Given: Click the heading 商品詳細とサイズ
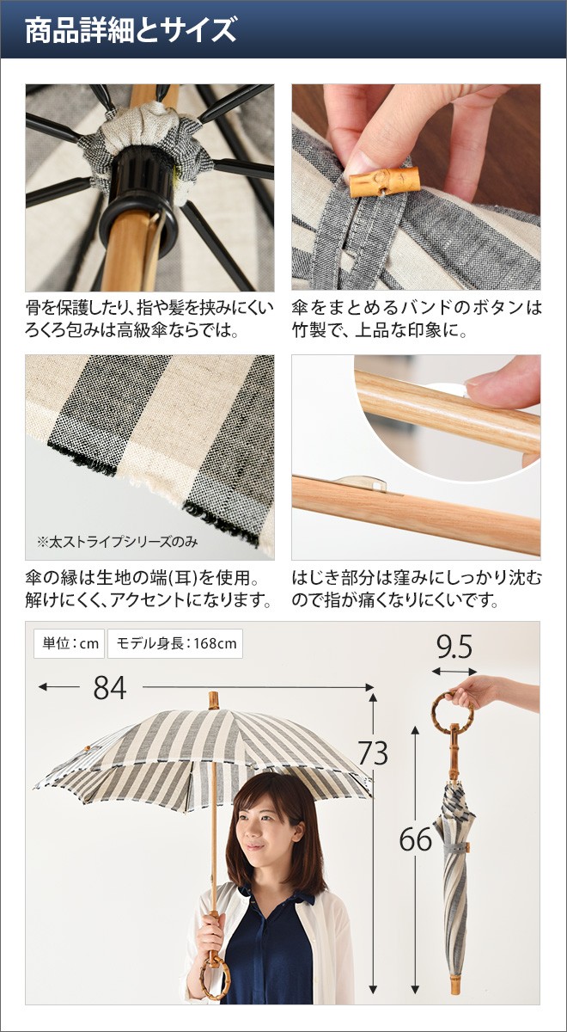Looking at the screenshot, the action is pyautogui.click(x=131, y=30).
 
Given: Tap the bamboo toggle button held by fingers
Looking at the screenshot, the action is pyautogui.click(x=384, y=181).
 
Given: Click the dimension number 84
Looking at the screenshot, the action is pyautogui.click(x=110, y=688).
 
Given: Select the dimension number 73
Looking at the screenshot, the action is pyautogui.click(x=373, y=753).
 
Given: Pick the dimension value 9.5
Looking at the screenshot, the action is pyautogui.click(x=454, y=648).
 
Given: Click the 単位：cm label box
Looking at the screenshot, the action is pyautogui.click(x=70, y=643).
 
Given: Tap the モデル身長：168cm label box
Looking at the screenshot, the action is pyautogui.click(x=175, y=643).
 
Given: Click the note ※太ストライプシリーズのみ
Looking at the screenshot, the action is pyautogui.click(x=118, y=541).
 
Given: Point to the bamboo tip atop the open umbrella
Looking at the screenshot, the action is pyautogui.click(x=214, y=700).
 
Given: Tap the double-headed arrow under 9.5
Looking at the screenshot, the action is pyautogui.click(x=454, y=672).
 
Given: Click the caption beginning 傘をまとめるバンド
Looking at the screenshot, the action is pyautogui.click(x=417, y=319).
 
